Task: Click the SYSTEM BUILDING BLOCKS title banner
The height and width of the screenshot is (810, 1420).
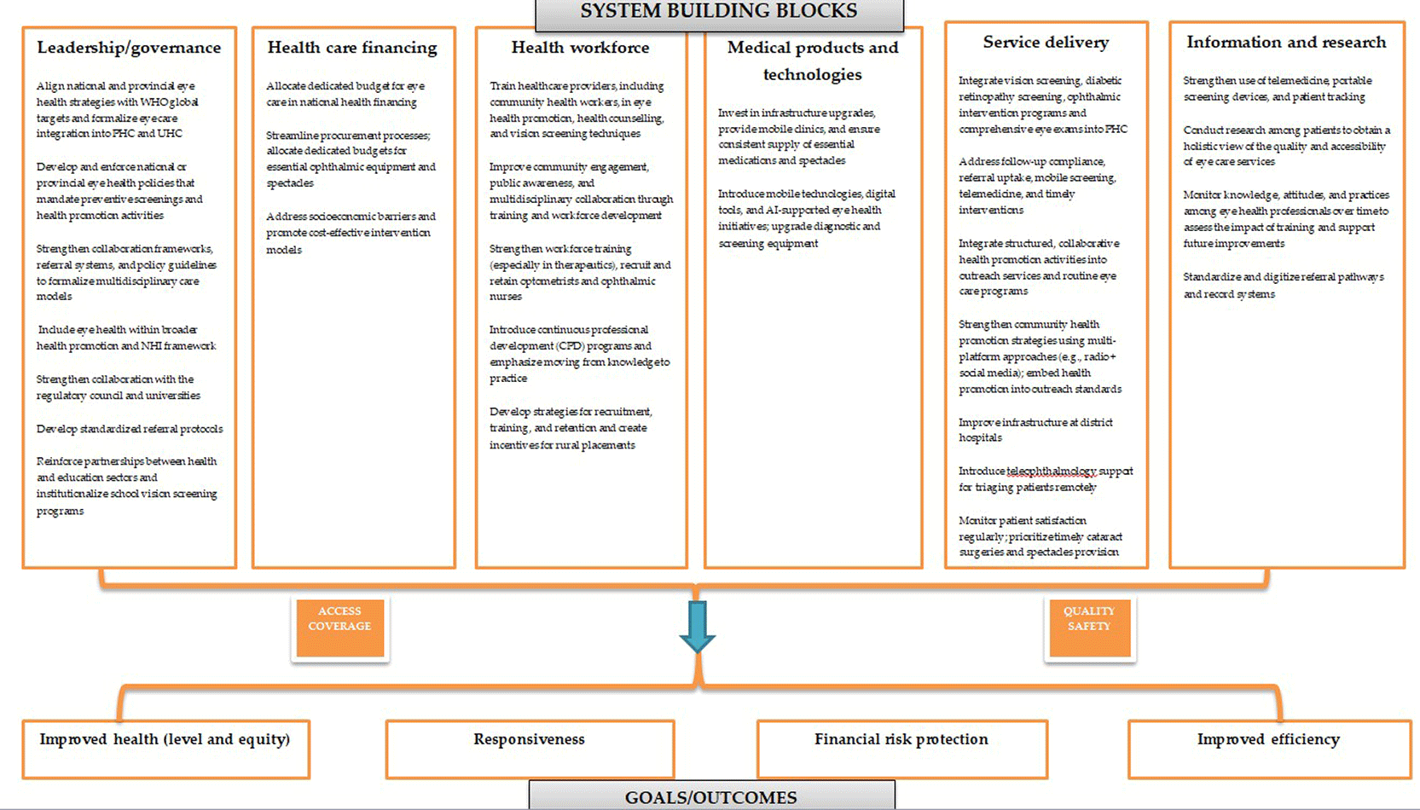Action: coord(720,14)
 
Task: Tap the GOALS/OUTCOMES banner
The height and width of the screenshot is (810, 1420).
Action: coord(712,796)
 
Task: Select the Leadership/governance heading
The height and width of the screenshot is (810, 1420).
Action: coord(130,48)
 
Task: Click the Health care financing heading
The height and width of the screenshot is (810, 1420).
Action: coord(352,48)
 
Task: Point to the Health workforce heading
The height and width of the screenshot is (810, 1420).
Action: coord(581,48)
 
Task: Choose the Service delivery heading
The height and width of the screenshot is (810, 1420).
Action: coord(1046,43)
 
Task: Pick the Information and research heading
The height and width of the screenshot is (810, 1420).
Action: coord(1286,43)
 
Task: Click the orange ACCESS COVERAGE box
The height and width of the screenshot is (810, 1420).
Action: coord(339,628)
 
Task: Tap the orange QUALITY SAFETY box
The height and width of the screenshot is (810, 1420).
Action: coord(1089,628)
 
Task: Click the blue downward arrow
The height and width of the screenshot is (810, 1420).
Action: coord(698,627)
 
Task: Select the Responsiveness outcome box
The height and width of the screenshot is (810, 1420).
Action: coord(530,749)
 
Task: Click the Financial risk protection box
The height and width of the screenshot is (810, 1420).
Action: coord(901,749)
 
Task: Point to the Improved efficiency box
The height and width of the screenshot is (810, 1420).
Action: coord(1269,749)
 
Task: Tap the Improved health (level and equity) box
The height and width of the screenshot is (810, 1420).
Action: coord(165,749)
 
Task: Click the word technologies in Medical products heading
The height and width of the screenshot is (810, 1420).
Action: coord(813,75)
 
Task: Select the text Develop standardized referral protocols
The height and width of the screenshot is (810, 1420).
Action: coord(130,429)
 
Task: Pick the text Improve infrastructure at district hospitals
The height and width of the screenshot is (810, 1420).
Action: coord(1035,430)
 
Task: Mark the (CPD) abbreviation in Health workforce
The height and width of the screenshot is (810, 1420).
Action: coord(570,346)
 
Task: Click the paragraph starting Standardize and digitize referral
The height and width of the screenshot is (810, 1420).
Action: coord(1284,286)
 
